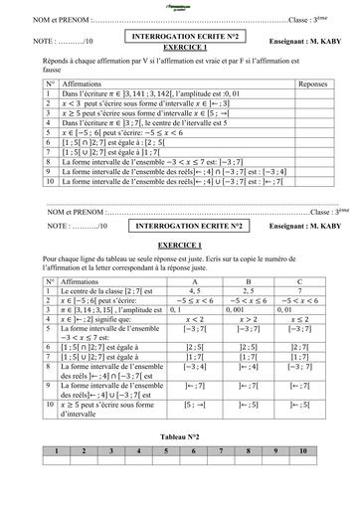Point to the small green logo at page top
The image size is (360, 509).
tap(179, 7)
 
